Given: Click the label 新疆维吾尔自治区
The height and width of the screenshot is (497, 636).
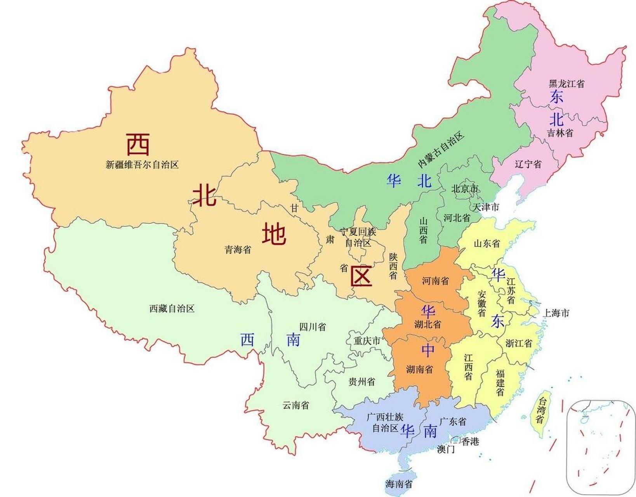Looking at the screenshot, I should tap(142, 165).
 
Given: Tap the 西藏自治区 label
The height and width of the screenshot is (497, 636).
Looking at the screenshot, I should tap(172, 309).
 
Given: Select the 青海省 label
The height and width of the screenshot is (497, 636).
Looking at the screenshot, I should tap(238, 250).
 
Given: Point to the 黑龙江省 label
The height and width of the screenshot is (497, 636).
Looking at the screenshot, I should tap(566, 83).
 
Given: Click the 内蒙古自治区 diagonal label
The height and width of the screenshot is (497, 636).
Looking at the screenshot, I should tap(441, 150).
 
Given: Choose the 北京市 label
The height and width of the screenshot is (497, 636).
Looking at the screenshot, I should tap(465, 189).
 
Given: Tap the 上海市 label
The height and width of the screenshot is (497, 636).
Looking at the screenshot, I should tap(556, 313).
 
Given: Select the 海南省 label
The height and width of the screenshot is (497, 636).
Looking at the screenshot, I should tap(399, 484).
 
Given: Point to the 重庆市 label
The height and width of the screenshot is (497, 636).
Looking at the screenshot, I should tap(367, 341).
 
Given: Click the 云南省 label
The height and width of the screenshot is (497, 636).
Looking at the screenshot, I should tap(296, 405).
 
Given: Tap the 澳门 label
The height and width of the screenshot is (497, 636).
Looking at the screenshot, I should tap(446, 450).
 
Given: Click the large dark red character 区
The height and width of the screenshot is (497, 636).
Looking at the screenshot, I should tap(361, 276).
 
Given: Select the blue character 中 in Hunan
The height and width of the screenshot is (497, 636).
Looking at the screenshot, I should tap(428, 350).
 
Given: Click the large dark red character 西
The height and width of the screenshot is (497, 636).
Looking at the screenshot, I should tap(138, 144).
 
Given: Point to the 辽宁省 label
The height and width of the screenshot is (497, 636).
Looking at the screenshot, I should tap(528, 164).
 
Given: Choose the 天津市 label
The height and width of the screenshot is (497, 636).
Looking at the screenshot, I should tap(486, 207).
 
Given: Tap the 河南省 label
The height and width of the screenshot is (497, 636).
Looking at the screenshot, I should tap(435, 281).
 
